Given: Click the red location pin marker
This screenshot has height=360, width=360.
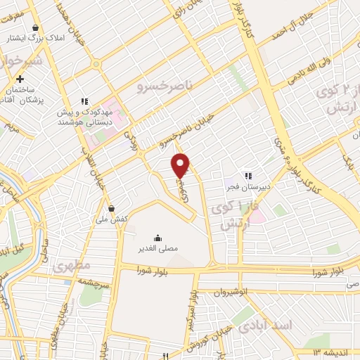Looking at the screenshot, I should [x=181, y=165].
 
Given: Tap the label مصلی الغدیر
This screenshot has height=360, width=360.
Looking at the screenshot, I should [x=157, y=248].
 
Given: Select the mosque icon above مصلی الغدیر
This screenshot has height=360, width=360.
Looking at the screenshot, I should [x=157, y=238].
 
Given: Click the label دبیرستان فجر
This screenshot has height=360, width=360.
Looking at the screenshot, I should [x=252, y=187].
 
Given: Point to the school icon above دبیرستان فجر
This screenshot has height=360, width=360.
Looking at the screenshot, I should [x=247, y=176].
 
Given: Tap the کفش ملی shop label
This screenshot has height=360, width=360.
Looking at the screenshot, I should [x=112, y=219].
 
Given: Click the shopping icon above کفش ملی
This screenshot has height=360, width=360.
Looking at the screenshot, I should [x=112, y=208].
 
